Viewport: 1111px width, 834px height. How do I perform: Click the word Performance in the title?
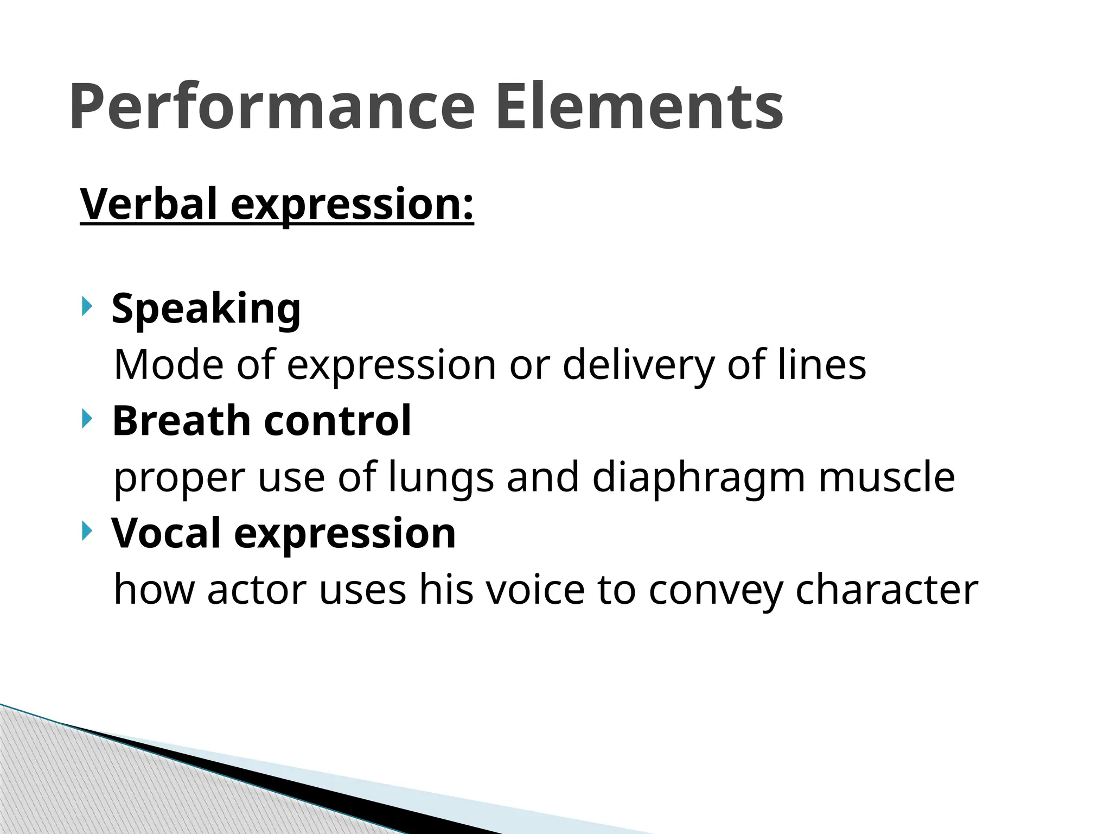272,107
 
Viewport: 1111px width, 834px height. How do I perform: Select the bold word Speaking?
206,308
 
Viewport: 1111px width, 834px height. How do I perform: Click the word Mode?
169,365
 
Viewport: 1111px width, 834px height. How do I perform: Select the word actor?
257,590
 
